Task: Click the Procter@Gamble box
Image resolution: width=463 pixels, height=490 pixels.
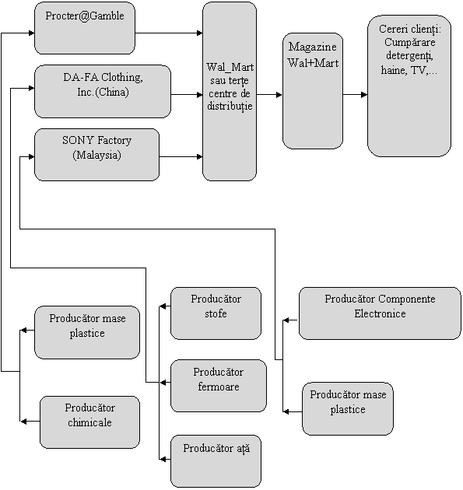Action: [84, 28]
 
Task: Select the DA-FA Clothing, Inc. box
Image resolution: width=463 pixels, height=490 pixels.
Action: [103, 92]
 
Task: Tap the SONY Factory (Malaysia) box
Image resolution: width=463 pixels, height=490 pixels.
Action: [96, 155]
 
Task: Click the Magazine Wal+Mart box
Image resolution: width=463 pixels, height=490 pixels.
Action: [313, 91]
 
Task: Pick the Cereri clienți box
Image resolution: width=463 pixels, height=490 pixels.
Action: [409, 86]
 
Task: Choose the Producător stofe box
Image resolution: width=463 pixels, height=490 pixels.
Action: [216, 313]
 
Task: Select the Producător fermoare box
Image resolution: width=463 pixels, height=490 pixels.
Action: [219, 386]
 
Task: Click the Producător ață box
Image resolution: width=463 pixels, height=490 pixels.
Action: [216, 461]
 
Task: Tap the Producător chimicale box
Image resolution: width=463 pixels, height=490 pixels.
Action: [89, 422]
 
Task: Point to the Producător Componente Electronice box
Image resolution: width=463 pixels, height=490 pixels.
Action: [380, 313]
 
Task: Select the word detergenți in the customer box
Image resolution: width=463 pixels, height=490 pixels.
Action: [409, 56]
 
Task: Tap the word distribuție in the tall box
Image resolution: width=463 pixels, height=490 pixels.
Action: [230, 106]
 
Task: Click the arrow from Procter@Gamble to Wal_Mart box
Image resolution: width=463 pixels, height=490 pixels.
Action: [169, 33]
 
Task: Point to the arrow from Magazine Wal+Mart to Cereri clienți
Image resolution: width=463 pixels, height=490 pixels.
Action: [355, 95]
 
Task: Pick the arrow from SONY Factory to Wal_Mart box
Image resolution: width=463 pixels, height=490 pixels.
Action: [181, 156]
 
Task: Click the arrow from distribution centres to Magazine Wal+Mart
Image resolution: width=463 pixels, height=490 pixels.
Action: [269, 95]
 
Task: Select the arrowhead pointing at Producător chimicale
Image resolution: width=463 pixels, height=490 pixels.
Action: [23, 422]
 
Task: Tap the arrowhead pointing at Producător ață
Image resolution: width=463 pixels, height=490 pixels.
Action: [162, 460]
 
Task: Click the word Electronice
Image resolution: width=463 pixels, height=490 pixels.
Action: [380, 313]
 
